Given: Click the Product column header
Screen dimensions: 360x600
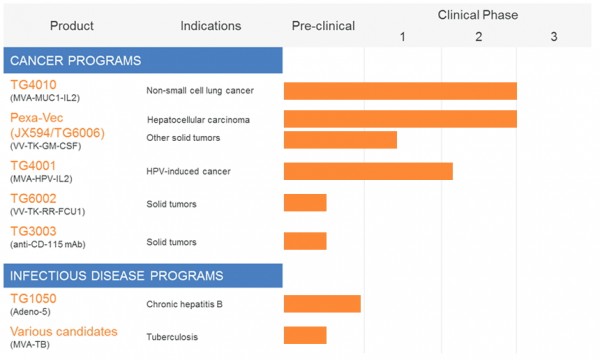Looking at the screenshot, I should (x=72, y=26).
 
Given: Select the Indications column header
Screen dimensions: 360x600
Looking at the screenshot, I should (x=212, y=26).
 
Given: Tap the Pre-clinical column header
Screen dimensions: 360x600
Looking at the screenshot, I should (x=323, y=26).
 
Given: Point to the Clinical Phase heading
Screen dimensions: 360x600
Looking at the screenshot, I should (x=478, y=15).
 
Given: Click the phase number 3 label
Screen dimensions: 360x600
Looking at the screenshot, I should (x=554, y=37).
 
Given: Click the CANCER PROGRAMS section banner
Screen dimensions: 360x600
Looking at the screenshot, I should (x=143, y=60).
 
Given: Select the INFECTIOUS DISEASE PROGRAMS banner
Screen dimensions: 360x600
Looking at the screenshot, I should (x=143, y=275).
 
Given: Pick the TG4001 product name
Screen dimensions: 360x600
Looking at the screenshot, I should (x=34, y=165).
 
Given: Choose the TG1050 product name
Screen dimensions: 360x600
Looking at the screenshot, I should (x=34, y=298).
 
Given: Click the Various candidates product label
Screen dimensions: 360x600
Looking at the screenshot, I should (x=64, y=331).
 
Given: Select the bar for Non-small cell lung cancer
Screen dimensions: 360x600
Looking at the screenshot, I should (x=400, y=91).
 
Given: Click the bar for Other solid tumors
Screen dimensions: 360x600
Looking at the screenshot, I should (x=340, y=139).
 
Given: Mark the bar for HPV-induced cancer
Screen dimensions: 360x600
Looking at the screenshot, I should (x=368, y=171).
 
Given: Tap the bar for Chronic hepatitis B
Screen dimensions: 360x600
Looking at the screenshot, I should (x=322, y=304).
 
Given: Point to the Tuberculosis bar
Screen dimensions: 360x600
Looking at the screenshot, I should (x=305, y=336).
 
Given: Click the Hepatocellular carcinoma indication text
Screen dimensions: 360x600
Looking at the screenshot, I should (x=198, y=120).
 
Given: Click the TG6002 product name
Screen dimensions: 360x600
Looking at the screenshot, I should (x=34, y=198).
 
